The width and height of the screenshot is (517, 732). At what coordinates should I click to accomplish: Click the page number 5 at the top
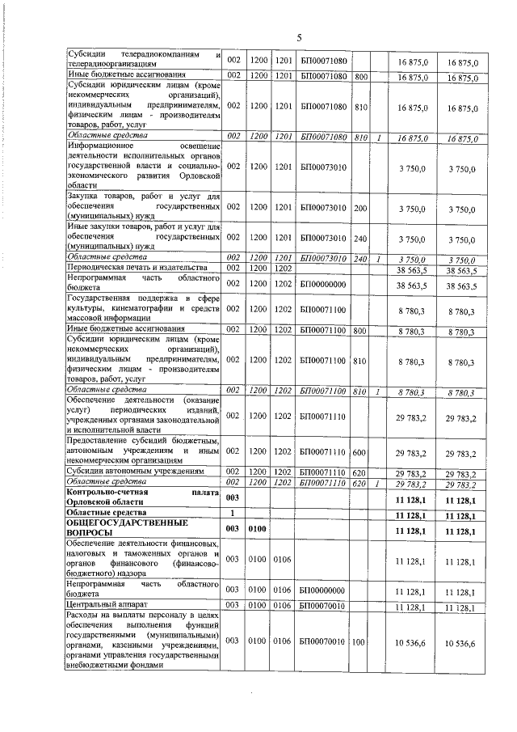point(298,37)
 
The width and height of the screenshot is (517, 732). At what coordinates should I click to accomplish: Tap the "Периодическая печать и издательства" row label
point(134,267)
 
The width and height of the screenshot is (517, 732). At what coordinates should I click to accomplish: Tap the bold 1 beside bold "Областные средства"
point(233,514)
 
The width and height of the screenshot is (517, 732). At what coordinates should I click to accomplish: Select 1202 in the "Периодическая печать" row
point(282,267)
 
